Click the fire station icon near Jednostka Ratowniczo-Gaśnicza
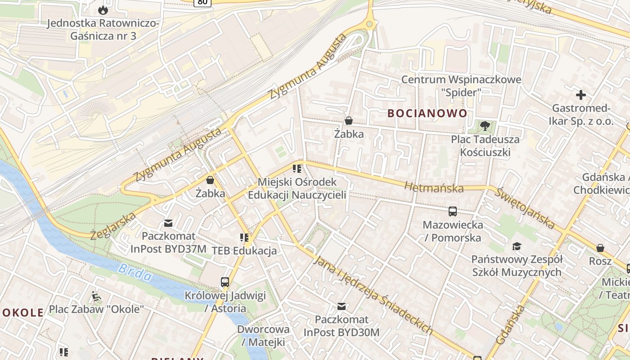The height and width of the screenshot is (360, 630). (x=103, y=9)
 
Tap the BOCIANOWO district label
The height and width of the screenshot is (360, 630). (x=427, y=113)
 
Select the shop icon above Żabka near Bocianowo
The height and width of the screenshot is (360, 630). (x=348, y=121)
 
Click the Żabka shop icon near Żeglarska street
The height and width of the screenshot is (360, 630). (x=210, y=180)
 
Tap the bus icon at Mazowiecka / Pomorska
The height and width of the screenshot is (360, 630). (x=452, y=211)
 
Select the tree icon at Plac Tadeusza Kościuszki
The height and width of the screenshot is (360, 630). (x=485, y=126)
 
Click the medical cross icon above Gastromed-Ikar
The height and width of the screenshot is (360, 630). (x=581, y=95)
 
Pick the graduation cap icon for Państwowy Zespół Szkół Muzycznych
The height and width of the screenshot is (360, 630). (x=517, y=246)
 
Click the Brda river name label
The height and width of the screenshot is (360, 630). (x=135, y=272)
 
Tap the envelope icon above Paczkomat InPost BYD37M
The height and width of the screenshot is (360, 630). (x=168, y=223)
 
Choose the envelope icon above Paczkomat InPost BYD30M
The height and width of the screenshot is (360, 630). (x=342, y=306)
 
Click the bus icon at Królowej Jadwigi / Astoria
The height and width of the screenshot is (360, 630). (x=225, y=282)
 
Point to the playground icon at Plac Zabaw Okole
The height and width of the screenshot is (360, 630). (x=96, y=296)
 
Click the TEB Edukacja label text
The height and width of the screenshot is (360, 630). (x=244, y=251)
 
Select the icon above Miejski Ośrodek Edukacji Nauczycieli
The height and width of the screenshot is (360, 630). (x=297, y=169)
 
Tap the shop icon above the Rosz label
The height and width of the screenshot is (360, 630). (x=600, y=248)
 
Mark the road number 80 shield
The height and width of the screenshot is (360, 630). (x=202, y=2)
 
